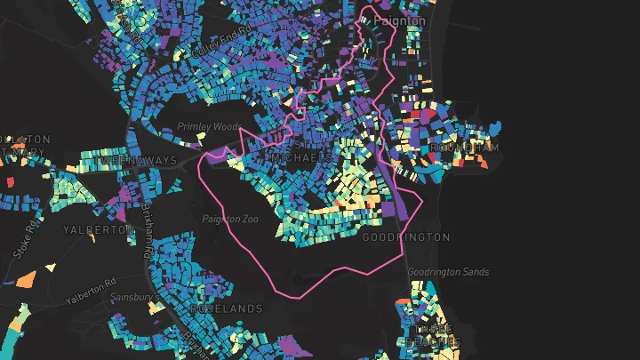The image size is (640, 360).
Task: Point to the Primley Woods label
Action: [208, 127]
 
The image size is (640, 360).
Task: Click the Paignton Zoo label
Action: [228, 219]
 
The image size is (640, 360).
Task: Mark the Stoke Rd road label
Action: [24, 239]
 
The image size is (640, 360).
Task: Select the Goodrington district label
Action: [406, 237]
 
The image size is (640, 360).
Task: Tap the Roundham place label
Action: [464, 147]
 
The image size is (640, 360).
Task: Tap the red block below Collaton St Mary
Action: [10, 181]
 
